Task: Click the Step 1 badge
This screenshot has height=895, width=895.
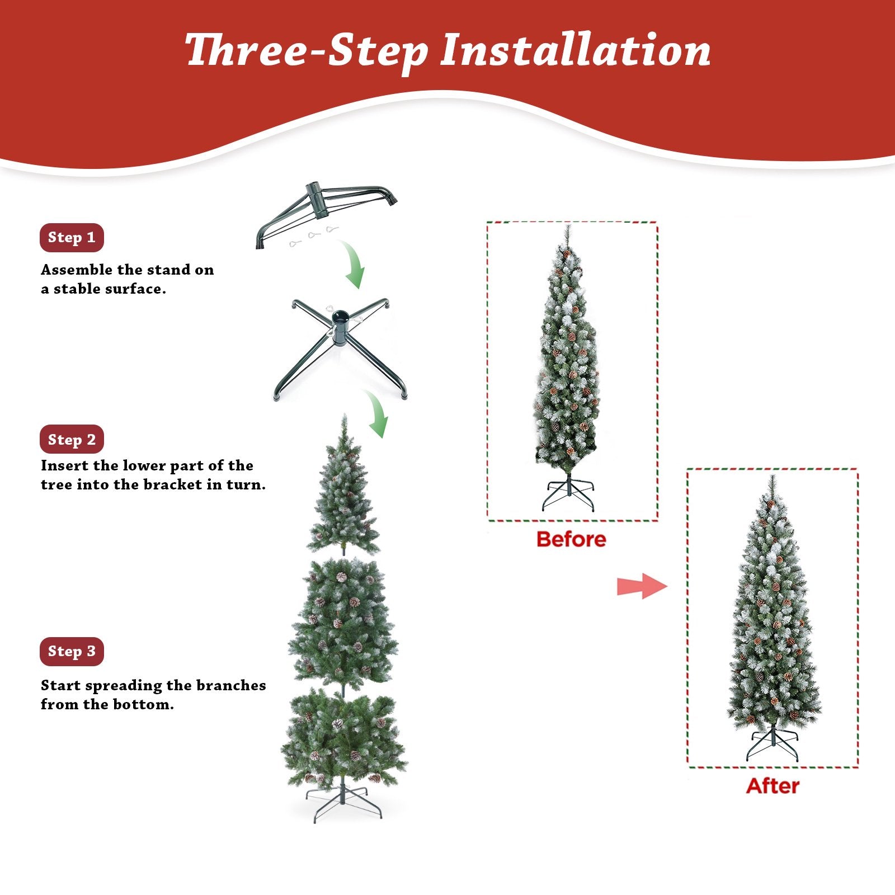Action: [x=72, y=238]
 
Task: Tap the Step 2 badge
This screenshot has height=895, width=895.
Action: [x=72, y=440]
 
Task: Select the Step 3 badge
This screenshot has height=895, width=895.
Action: [x=72, y=652]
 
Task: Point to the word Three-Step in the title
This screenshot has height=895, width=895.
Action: [x=307, y=51]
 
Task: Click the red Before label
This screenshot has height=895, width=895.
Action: [x=571, y=539]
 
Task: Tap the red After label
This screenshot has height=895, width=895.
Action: [x=772, y=786]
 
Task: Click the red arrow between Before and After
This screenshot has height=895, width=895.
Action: [x=642, y=586]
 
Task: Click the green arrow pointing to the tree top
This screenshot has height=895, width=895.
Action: [x=376, y=415]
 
